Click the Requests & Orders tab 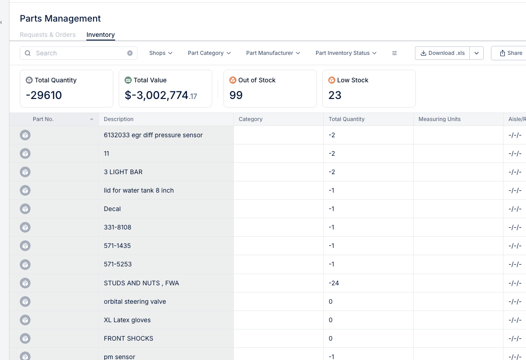(48, 35)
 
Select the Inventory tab (101, 35)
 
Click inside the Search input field (79, 53)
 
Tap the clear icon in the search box (130, 53)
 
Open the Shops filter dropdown (161, 53)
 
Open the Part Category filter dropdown (209, 53)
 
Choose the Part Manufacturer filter (273, 53)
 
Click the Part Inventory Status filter (346, 53)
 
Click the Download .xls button (442, 53)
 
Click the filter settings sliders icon (395, 53)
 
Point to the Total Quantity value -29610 (44, 95)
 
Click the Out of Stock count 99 (236, 95)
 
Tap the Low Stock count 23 (335, 95)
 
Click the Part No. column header (43, 119)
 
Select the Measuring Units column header (439, 119)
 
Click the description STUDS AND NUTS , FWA (141, 283)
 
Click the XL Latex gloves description (127, 320)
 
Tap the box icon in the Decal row (25, 209)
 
